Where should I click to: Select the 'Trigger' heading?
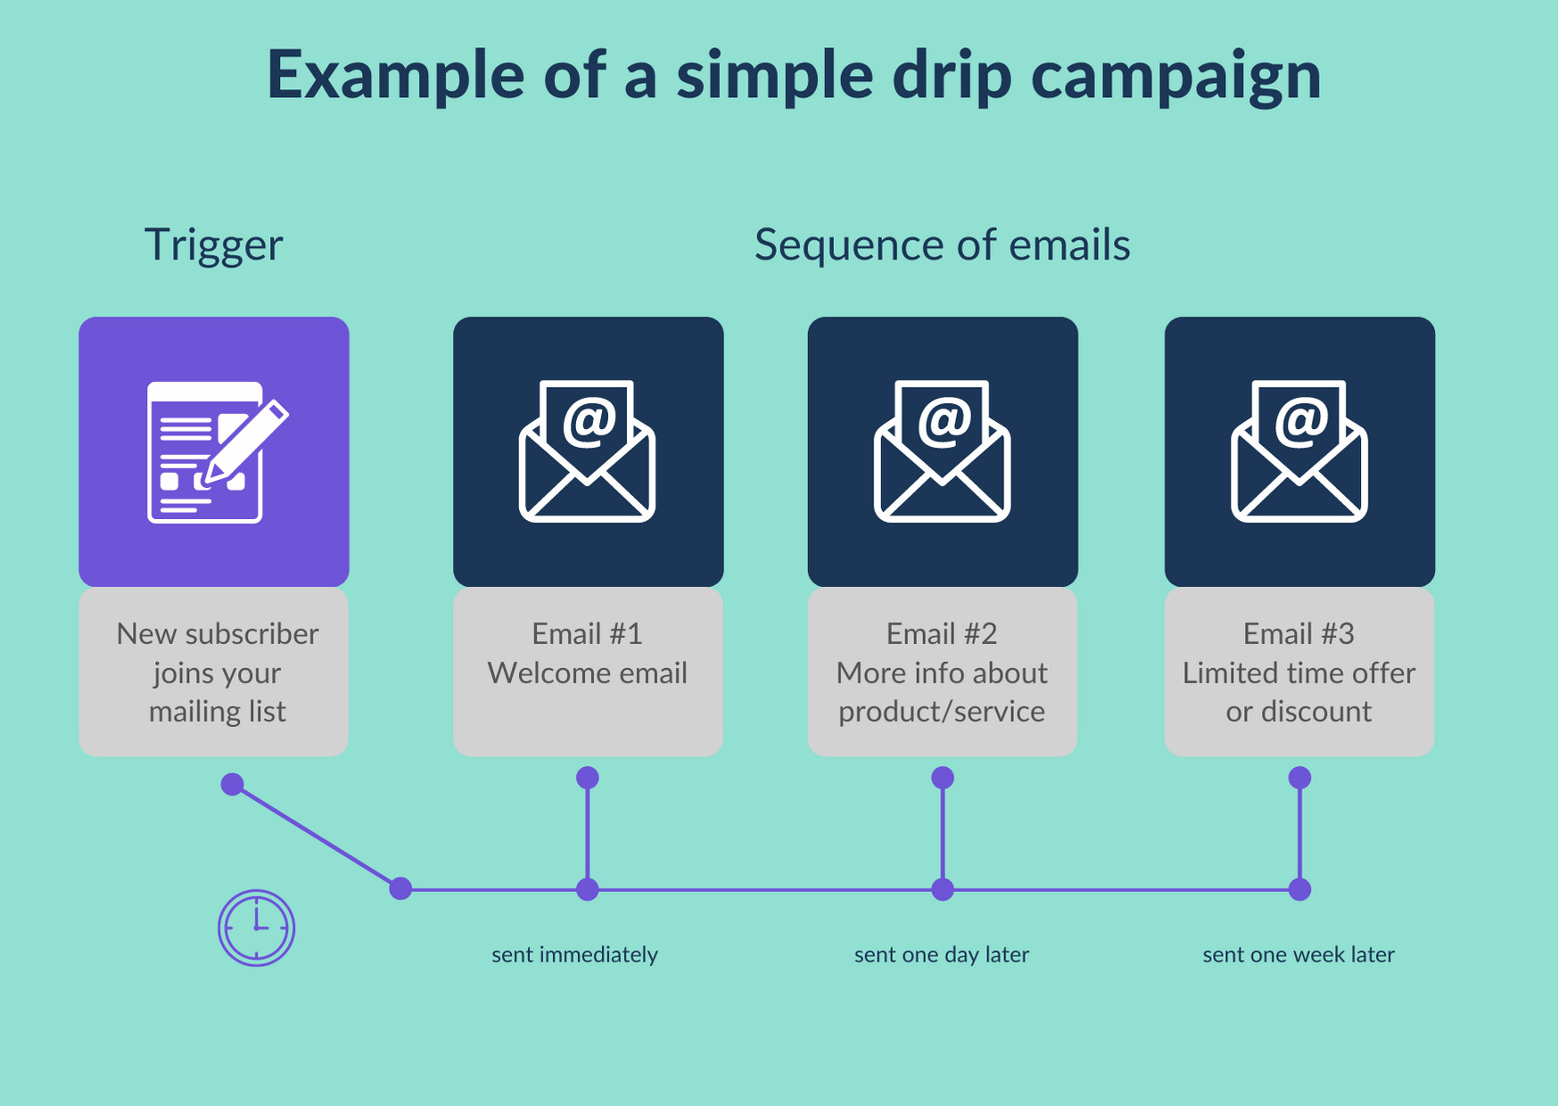point(214,244)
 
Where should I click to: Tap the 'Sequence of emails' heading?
point(942,244)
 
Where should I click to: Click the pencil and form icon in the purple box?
point(215,451)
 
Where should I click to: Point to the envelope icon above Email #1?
point(587,451)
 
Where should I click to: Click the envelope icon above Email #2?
point(942,451)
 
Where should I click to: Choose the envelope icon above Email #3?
point(1298,451)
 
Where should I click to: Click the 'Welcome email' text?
point(587,673)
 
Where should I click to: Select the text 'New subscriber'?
point(217,633)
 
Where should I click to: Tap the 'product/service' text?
point(942,711)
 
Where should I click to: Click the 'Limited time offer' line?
point(1298,673)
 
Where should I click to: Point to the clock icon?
point(256,928)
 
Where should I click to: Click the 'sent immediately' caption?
point(574,954)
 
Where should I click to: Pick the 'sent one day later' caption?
point(942,954)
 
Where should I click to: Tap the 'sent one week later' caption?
point(1298,954)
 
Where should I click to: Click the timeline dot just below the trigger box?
point(232,785)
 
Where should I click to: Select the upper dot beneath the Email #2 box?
point(943,778)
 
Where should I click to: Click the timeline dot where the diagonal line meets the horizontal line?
point(400,888)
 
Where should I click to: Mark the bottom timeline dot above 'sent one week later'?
point(1299,889)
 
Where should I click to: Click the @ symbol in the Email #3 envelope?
point(1301,420)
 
